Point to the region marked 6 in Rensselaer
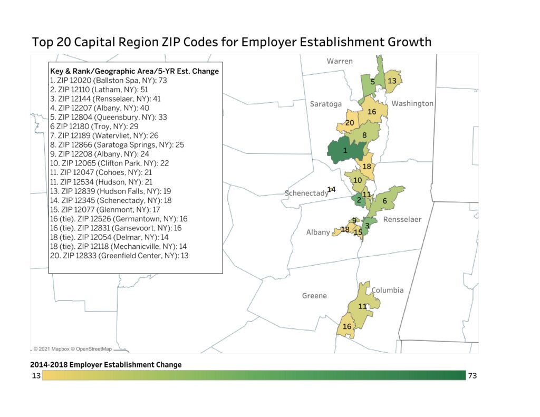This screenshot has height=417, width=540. coord(384,201)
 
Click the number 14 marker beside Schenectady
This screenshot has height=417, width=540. coord(331,189)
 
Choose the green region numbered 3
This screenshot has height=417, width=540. coord(367,226)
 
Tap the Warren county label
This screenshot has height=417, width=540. coord(340,61)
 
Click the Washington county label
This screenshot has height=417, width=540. coord(412,103)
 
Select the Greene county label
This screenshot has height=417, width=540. coord(314,296)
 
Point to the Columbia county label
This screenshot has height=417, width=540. coord(387,290)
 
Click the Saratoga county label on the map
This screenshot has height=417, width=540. coord(325,104)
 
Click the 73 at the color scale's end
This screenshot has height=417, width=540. coord(472,375)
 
